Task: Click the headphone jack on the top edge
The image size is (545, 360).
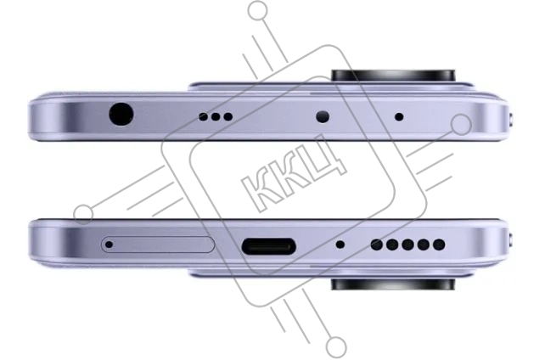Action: click(x=121, y=114)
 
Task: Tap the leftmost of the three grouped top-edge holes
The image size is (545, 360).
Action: click(x=203, y=117)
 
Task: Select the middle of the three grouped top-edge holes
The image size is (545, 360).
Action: click(x=216, y=117)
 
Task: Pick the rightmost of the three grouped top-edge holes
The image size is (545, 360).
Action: click(x=228, y=117)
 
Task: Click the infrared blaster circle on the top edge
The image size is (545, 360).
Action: click(x=323, y=117)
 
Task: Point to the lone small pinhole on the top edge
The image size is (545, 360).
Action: click(x=399, y=117)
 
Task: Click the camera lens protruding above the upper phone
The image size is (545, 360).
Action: click(x=393, y=76)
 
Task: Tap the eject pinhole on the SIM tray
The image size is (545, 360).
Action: click(x=109, y=245)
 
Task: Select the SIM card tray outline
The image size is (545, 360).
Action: click(x=158, y=245)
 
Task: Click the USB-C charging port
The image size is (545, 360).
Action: click(x=268, y=246)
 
